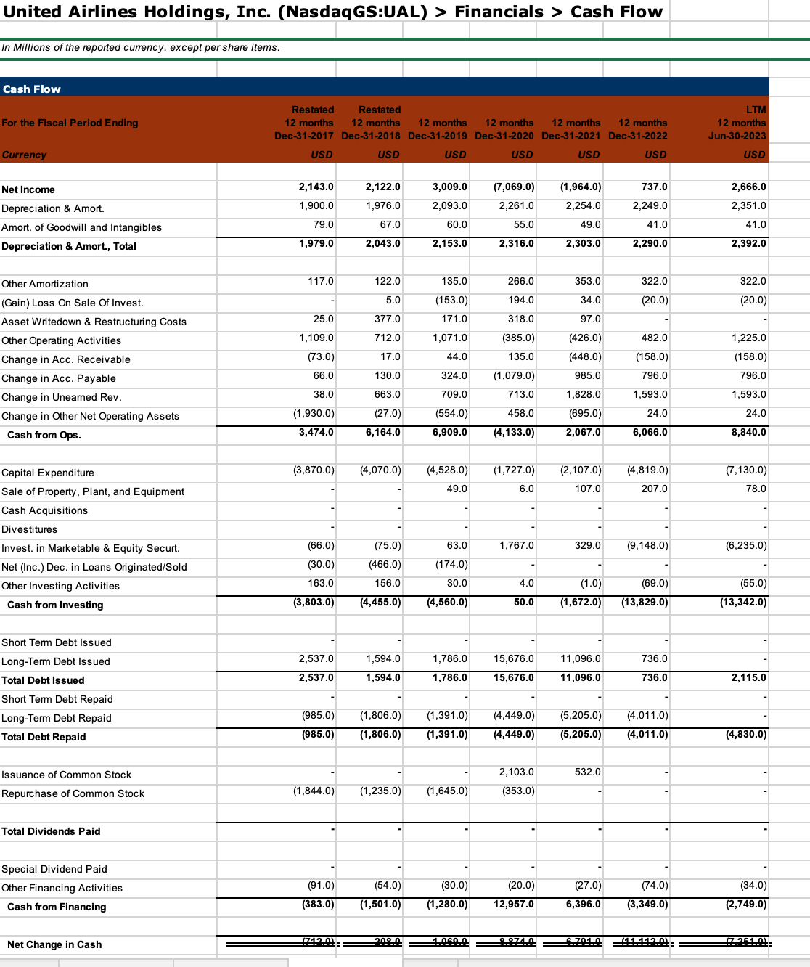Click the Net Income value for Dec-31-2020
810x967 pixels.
click(514, 187)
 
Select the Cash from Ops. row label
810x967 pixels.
click(44, 435)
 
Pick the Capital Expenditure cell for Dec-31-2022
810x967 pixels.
click(647, 470)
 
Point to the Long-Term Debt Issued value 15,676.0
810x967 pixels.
click(514, 659)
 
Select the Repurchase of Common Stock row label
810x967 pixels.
click(73, 793)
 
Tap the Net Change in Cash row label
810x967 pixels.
click(54, 944)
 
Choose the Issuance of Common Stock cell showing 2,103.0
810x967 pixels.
click(516, 772)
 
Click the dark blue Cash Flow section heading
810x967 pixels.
click(32, 89)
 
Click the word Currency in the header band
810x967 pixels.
click(24, 155)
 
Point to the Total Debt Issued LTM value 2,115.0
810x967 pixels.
click(748, 678)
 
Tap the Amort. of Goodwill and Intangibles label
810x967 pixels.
click(81, 227)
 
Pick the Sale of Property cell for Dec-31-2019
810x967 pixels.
click(457, 489)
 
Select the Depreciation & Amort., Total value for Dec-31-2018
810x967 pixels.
click(382, 244)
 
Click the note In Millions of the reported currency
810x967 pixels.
click(140, 48)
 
